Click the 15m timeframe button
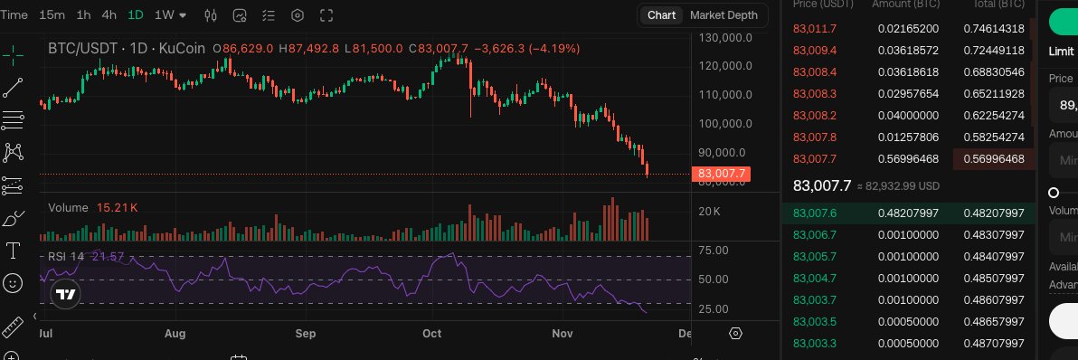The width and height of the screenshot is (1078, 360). coord(52,15)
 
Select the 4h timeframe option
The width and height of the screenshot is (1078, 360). coord(109,15)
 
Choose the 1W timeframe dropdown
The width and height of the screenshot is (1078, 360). coord(170,15)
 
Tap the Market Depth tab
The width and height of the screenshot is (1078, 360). coord(723,15)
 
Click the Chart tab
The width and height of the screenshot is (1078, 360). coord(661,15)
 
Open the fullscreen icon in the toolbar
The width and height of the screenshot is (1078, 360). coord(327,15)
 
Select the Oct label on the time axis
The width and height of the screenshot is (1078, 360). coord(432,334)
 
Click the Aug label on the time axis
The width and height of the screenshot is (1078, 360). coord(175,334)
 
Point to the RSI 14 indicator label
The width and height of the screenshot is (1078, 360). coord(65,256)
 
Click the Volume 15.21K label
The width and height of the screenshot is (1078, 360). coord(92,208)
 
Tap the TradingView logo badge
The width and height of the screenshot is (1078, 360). coord(65,294)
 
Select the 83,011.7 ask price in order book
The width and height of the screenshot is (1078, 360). coord(815,29)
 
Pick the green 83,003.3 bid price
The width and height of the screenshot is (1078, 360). coord(815,344)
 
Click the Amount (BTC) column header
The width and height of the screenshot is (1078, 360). coord(904,5)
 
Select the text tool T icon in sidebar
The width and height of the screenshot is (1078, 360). coord(13,250)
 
